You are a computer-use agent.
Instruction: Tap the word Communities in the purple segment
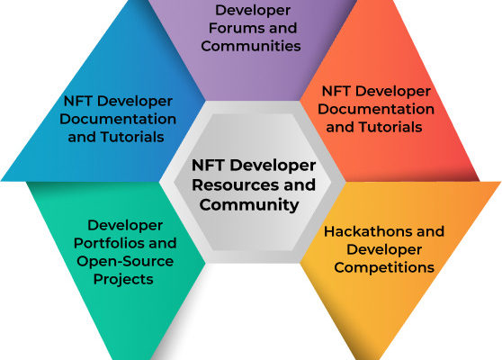tap(251, 46)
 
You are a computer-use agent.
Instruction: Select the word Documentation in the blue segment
tap(118, 119)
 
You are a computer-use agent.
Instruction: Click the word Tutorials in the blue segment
tap(132, 137)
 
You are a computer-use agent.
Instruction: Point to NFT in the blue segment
tap(77, 101)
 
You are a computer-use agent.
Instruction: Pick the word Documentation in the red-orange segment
tap(376, 109)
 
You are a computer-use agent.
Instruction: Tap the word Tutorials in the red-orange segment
tap(390, 127)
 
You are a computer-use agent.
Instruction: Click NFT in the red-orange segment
tap(336, 91)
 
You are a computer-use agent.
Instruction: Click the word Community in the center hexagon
tap(249, 205)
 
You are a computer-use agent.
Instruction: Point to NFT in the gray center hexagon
tap(208, 166)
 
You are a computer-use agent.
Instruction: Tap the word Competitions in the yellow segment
tap(384, 268)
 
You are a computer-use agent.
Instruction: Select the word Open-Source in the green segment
tap(125, 262)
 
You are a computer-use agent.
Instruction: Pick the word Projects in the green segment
tap(123, 280)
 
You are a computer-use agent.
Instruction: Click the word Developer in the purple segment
tap(253, 11)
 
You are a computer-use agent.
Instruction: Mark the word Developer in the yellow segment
tap(384, 250)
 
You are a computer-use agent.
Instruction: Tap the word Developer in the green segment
tap(125, 226)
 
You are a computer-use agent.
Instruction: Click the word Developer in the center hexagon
tap(273, 166)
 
